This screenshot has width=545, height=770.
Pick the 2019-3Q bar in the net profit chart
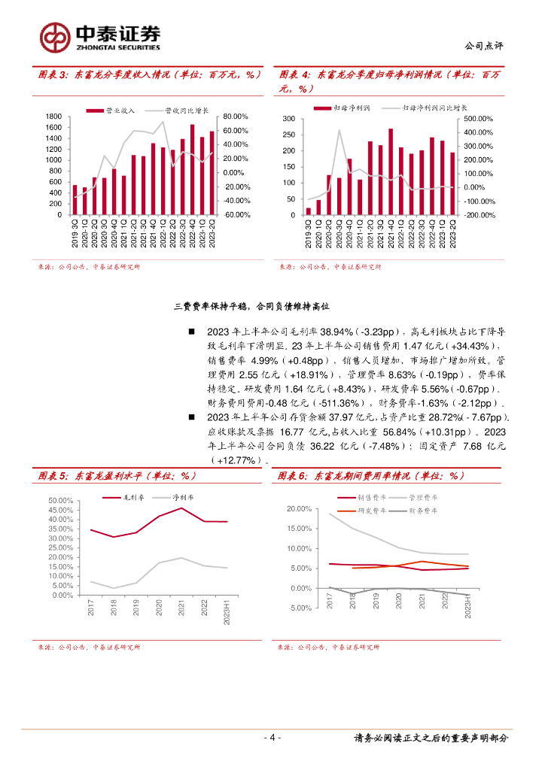309,211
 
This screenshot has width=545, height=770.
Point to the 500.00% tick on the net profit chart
479,119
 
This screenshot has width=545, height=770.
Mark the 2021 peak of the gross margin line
181,508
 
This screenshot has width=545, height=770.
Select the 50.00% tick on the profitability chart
60,501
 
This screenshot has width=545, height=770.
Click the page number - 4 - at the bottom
272,737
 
